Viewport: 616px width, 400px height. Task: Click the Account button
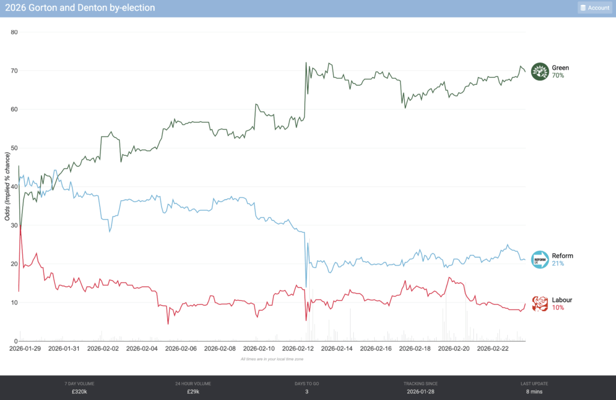pyautogui.click(x=594, y=8)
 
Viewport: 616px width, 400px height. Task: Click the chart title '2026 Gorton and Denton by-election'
pyautogui.click(x=79, y=8)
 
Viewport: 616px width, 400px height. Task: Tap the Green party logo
pyautogui.click(x=540, y=72)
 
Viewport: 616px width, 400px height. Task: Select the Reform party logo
pyautogui.click(x=540, y=260)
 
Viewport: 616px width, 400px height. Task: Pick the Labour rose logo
pyautogui.click(x=540, y=304)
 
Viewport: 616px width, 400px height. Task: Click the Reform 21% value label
pyautogui.click(x=558, y=263)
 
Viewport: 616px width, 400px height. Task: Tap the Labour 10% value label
pyautogui.click(x=558, y=308)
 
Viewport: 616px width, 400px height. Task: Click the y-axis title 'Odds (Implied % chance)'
pyautogui.click(x=8, y=186)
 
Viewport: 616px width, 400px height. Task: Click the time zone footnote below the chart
pyautogui.click(x=271, y=358)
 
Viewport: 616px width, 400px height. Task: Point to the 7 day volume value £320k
pyautogui.click(x=79, y=392)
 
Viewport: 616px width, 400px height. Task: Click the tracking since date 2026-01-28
pyautogui.click(x=420, y=392)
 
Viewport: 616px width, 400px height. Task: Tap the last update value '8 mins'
pyautogui.click(x=534, y=392)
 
